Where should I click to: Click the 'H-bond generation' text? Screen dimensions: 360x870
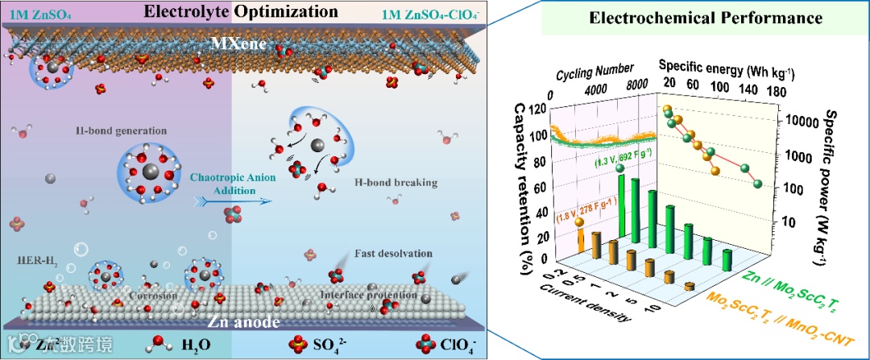pos(129,130)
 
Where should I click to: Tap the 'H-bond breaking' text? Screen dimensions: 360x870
pos(396,183)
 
